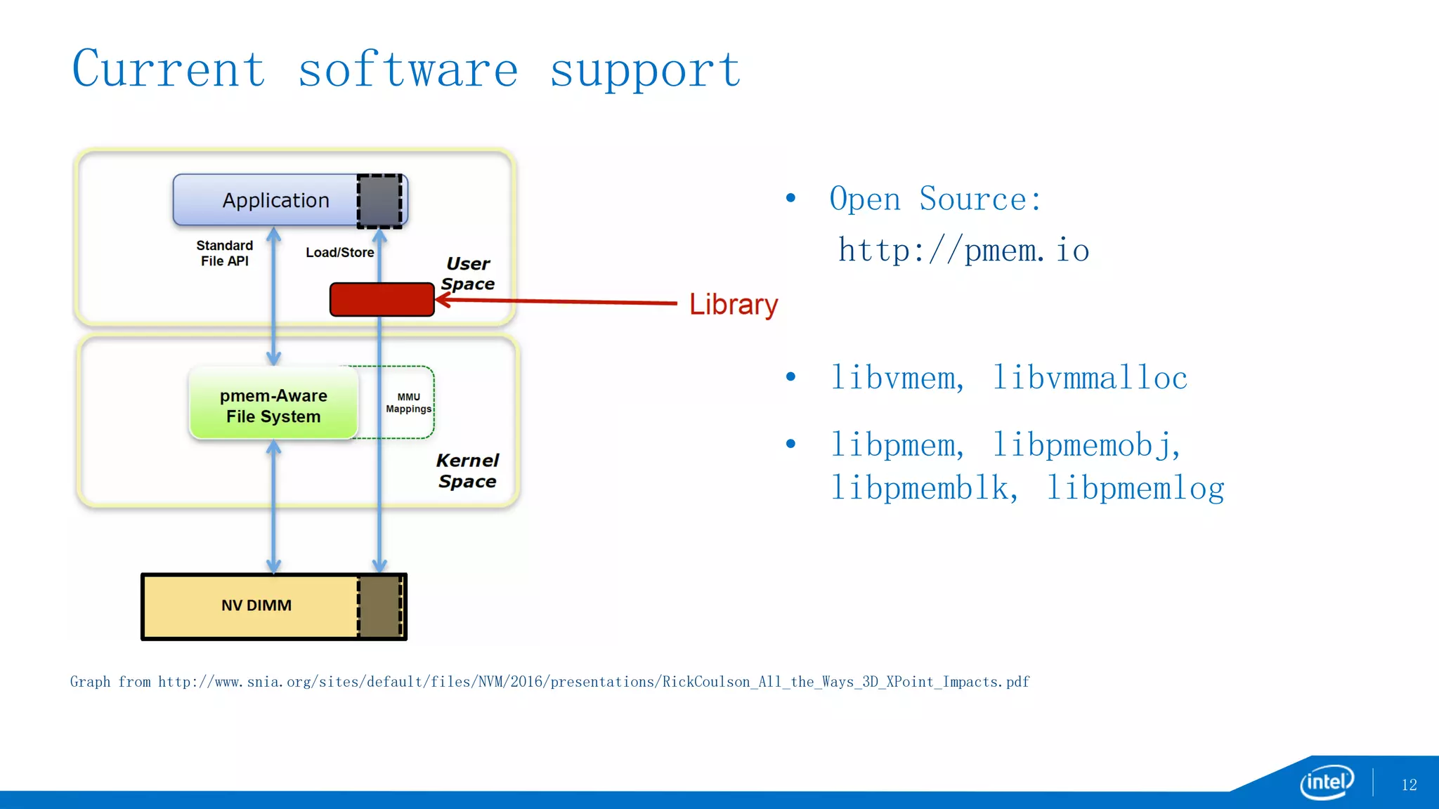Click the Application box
tap(275, 200)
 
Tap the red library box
tap(382, 300)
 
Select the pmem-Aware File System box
tap(273, 405)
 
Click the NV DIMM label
tap(256, 605)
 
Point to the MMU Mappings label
tap(408, 403)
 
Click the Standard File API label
tap(224, 253)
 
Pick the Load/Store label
tap(339, 253)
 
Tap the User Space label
tap(468, 274)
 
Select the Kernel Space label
tap(467, 471)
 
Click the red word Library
tap(733, 305)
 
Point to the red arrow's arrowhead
tap(442, 301)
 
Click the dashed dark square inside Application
tap(380, 201)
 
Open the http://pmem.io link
tap(963, 251)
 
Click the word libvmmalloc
tap(1089, 379)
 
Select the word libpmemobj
tap(1085, 445)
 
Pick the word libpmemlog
tap(1135, 488)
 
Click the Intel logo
tap(1326, 782)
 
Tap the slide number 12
tap(1409, 785)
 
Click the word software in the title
tap(408, 70)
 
